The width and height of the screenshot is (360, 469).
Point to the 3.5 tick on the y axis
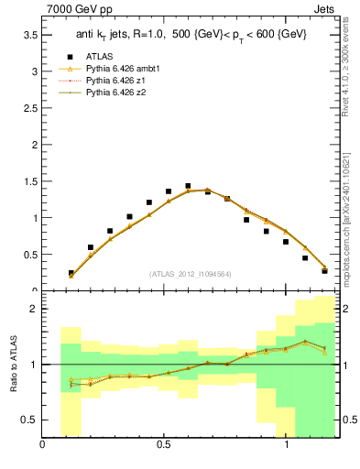[30, 34]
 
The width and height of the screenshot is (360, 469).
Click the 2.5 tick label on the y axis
[30, 107]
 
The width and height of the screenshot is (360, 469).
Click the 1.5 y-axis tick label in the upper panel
[30, 180]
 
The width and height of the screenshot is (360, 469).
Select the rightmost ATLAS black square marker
[324, 270]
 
